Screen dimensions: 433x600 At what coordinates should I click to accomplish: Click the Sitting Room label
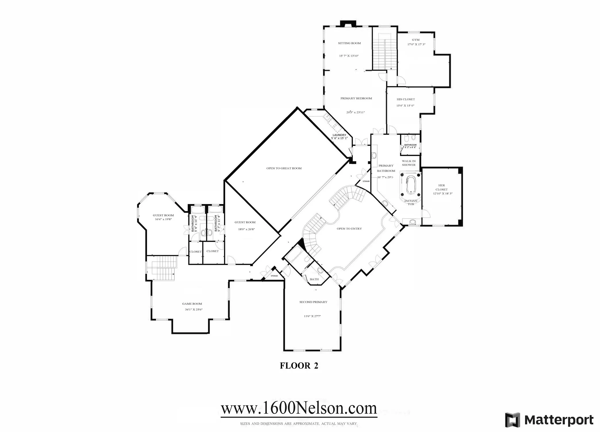tap(349, 43)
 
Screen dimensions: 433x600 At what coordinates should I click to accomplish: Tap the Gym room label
tap(416, 40)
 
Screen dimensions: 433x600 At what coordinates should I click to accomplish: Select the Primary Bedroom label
tap(356, 98)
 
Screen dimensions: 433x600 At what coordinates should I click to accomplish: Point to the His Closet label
tap(406, 99)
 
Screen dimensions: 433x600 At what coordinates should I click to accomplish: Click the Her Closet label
tap(442, 187)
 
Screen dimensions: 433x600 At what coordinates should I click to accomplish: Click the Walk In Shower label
tap(409, 163)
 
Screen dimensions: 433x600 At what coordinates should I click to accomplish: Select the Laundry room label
tap(339, 135)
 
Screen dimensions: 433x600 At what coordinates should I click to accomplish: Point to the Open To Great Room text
tap(284, 168)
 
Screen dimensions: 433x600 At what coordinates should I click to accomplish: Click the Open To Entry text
tap(349, 229)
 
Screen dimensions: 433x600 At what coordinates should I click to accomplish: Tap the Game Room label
tap(192, 304)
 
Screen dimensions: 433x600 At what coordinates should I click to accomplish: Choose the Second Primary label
tap(313, 302)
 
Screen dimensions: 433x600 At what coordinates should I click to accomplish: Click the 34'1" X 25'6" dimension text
tap(194, 310)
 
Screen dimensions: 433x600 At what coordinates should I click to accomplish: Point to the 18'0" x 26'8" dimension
tap(246, 229)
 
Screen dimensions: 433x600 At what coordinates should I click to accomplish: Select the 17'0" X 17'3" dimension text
tap(416, 45)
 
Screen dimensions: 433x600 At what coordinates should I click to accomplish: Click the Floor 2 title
tap(299, 366)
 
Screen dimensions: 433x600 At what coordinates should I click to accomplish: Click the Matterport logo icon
tap(513, 420)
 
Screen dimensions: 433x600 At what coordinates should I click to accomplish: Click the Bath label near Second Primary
tap(314, 279)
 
